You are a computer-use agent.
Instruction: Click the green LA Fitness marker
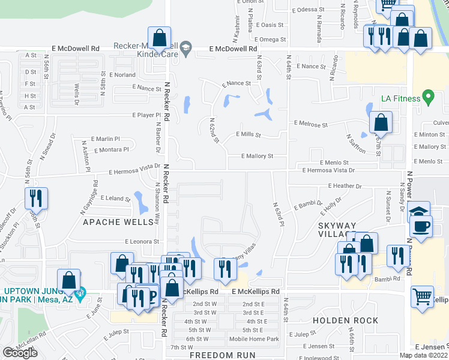[x=428, y=96]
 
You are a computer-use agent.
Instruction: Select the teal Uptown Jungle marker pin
[x=82, y=293]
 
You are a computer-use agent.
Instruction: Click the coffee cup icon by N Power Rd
[x=421, y=227]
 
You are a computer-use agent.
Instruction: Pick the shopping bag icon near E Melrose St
[x=381, y=123]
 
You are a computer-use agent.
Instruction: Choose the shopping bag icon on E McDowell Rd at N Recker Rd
[x=159, y=38]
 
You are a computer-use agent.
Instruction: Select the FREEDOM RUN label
[x=223, y=355]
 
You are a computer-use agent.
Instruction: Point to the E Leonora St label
[x=142, y=241]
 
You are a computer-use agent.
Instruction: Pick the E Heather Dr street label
[x=345, y=187]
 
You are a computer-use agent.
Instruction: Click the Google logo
[x=20, y=353]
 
